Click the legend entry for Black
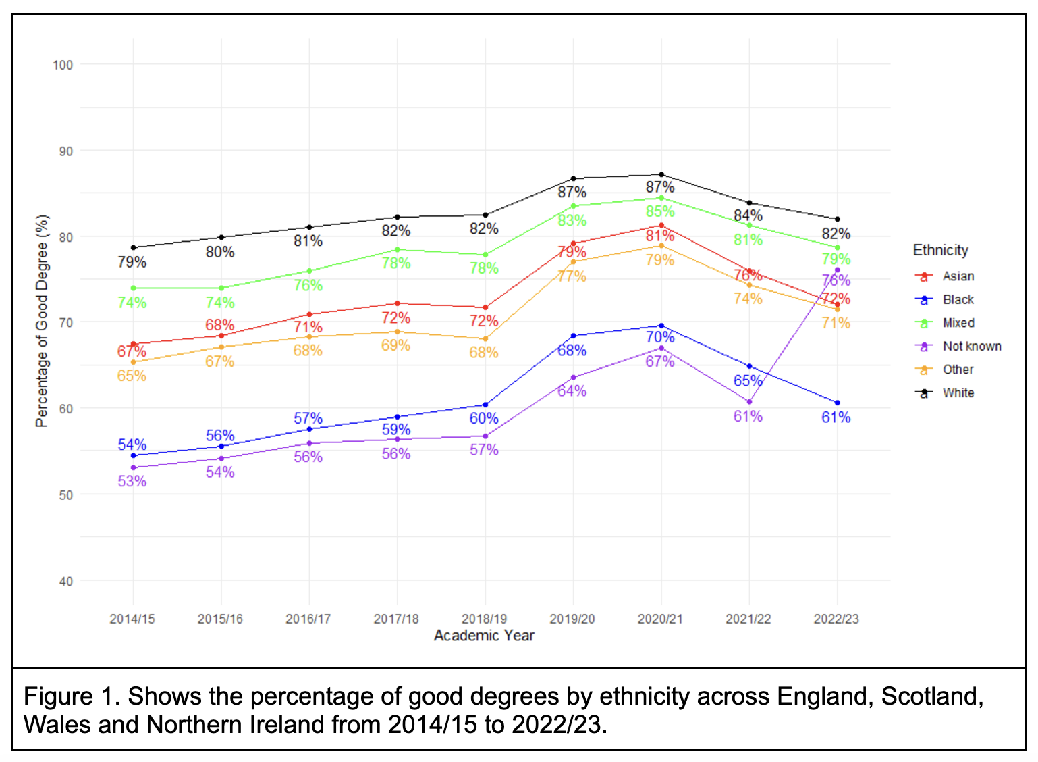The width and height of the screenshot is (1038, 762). point(958,299)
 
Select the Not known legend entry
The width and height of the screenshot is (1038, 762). point(971,346)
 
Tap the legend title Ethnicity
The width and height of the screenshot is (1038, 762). point(940,250)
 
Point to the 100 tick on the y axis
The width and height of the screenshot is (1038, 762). point(63,65)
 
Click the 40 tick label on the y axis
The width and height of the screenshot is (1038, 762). point(65,581)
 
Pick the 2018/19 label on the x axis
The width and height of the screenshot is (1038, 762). point(484,619)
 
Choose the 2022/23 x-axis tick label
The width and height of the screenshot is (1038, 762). point(836,619)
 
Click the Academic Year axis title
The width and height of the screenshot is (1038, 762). point(484,636)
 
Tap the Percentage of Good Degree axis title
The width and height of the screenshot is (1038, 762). point(42,321)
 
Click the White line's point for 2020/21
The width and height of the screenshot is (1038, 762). point(661,174)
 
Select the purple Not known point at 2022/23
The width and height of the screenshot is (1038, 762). point(838,270)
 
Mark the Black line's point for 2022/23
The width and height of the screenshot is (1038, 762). point(838,403)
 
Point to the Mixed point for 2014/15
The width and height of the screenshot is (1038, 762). point(133,288)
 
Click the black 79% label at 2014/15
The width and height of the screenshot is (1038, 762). point(132,262)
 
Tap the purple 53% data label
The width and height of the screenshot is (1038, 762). point(132,481)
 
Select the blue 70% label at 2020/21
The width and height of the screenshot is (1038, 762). point(660,337)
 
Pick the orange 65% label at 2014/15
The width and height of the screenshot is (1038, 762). point(132,376)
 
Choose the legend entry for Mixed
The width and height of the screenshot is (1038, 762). point(958,323)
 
